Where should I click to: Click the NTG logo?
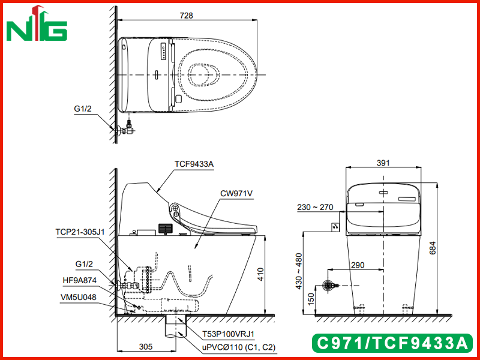point(37,25)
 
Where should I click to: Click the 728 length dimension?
point(187,16)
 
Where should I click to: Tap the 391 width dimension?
point(383,163)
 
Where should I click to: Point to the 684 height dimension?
point(432,248)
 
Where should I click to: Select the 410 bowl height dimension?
point(260,275)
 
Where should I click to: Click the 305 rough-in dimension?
point(146,347)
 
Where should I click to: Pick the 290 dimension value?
point(358,265)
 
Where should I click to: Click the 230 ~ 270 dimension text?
point(315,207)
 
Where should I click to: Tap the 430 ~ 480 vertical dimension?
point(299,271)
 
